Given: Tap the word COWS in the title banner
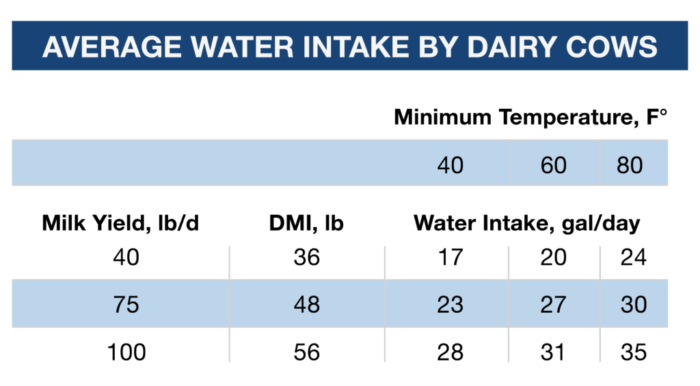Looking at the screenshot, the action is [x=611, y=47].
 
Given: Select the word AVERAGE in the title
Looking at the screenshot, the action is [x=111, y=47].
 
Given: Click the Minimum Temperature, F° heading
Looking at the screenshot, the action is [x=530, y=118].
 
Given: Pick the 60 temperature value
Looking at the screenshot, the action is [x=553, y=165].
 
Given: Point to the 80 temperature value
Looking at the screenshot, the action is [x=630, y=165].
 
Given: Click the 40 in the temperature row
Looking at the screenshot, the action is [x=450, y=165].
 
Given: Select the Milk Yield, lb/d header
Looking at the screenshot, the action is [x=120, y=223].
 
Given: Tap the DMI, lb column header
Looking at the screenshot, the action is [x=306, y=223].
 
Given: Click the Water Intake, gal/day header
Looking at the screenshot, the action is [x=527, y=223].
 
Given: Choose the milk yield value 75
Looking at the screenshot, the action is [x=126, y=305].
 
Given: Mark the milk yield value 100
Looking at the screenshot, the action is [x=126, y=352].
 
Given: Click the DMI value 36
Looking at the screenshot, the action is [x=307, y=257].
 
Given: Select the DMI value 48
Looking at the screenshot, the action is [x=307, y=305].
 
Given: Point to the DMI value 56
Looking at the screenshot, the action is [x=307, y=352].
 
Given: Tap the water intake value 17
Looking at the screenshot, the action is [x=450, y=257].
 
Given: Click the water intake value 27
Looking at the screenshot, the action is [x=553, y=305].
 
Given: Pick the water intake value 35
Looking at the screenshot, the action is [x=634, y=352].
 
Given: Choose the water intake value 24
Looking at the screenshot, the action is [x=634, y=257].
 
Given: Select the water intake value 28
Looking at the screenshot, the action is [x=450, y=352].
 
